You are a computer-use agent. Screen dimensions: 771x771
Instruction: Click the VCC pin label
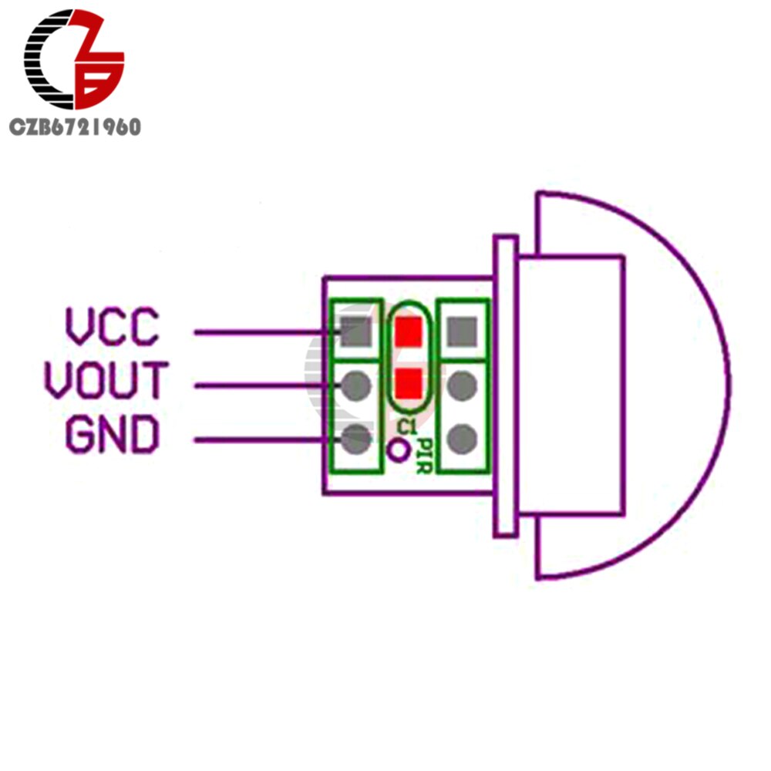click(x=113, y=326)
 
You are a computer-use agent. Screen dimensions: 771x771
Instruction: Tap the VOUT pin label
click(x=106, y=379)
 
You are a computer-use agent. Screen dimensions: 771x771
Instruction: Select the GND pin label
click(x=113, y=433)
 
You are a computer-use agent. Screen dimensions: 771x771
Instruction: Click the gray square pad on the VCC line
click(x=356, y=332)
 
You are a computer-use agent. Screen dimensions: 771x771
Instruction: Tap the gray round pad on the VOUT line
click(x=356, y=386)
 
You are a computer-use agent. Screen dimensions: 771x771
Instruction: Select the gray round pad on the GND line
click(x=356, y=439)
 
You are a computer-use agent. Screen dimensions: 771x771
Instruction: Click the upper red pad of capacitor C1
click(x=409, y=332)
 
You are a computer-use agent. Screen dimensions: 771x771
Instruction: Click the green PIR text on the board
click(x=425, y=456)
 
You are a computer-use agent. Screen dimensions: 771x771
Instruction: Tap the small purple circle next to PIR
click(x=398, y=450)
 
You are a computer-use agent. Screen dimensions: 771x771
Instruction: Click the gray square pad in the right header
click(x=462, y=332)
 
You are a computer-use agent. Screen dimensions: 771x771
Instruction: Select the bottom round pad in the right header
click(x=462, y=439)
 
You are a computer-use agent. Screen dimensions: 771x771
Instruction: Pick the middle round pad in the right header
click(x=462, y=386)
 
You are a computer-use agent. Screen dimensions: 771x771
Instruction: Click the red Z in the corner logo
click(x=99, y=59)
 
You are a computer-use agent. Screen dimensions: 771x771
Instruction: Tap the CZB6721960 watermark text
click(x=76, y=127)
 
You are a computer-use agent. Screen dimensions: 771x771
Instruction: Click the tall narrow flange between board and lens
click(x=506, y=386)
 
